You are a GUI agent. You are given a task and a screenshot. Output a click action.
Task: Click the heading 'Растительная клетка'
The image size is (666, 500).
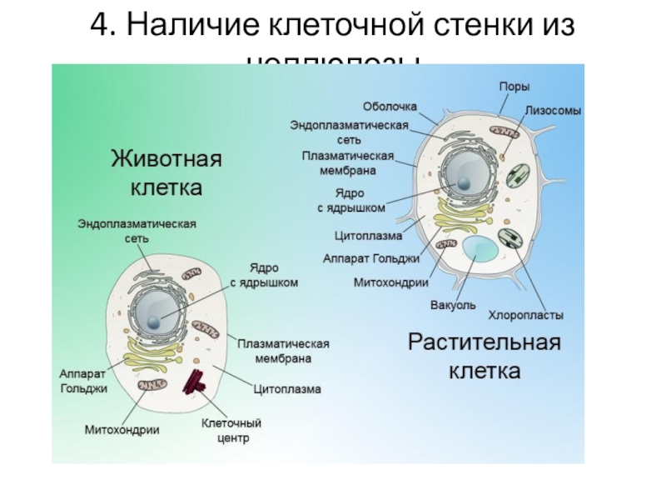485,355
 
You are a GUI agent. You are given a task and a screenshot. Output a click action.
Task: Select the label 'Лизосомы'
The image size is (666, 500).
553,110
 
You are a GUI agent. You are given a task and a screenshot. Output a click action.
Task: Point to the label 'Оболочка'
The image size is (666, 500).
389,107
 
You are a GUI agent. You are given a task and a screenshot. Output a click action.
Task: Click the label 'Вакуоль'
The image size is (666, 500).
453,304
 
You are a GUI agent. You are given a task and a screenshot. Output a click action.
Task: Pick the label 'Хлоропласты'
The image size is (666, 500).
525,316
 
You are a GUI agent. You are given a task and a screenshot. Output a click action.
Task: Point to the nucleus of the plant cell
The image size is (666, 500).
460,177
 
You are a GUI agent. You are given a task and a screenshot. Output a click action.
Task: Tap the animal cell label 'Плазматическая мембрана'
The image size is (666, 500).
283,351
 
